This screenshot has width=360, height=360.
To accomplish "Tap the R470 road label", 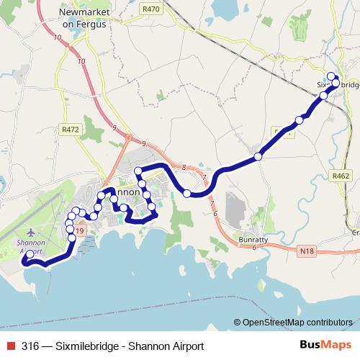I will (x=152, y=9).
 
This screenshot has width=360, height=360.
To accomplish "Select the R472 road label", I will (x=71, y=130).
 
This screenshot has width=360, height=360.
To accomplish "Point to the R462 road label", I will (x=340, y=174).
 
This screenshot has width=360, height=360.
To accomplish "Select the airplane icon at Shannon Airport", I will (x=31, y=233).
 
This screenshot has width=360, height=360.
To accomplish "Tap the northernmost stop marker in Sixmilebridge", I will (x=331, y=77).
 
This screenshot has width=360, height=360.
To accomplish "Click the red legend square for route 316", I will (x=9, y=346).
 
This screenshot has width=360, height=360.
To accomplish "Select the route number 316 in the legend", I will (x=31, y=346).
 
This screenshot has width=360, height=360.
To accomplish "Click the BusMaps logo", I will (x=325, y=346).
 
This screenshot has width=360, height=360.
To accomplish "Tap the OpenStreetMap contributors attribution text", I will (x=297, y=323).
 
